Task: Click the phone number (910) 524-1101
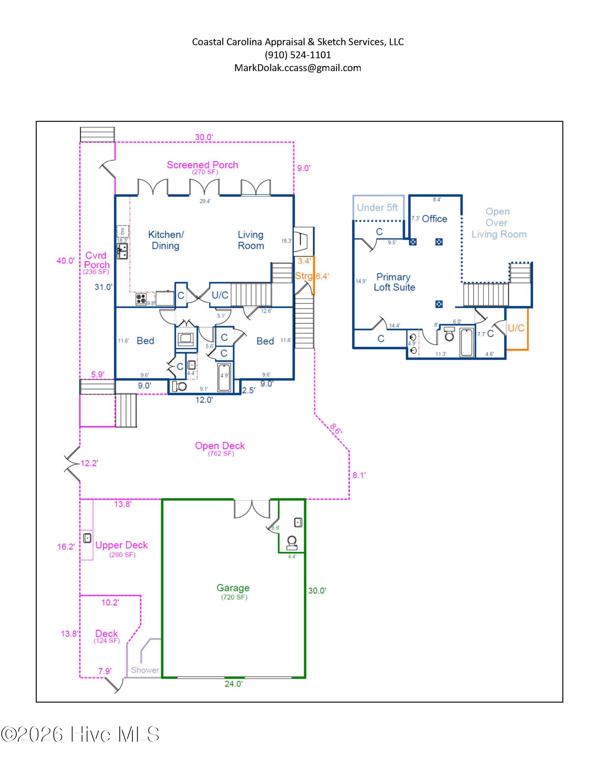click(x=298, y=55)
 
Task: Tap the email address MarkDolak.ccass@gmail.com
click(x=298, y=68)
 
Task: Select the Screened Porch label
click(x=202, y=165)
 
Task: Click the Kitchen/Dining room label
click(x=166, y=240)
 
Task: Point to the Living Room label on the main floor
click(x=251, y=240)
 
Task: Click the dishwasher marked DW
click(x=123, y=231)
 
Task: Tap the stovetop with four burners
click(x=141, y=299)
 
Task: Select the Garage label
click(x=233, y=588)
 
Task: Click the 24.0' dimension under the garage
click(x=233, y=684)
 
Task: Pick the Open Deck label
click(x=220, y=446)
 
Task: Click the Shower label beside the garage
click(x=145, y=670)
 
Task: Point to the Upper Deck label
click(x=122, y=545)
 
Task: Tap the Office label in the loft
click(x=435, y=219)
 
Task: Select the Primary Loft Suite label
click(x=394, y=282)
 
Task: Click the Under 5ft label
click(x=377, y=208)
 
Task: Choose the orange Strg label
click(x=304, y=276)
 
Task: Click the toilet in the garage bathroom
click(x=292, y=543)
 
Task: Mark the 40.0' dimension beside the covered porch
click(x=65, y=261)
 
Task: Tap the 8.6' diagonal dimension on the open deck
click(x=336, y=429)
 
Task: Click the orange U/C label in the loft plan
click(x=516, y=328)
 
